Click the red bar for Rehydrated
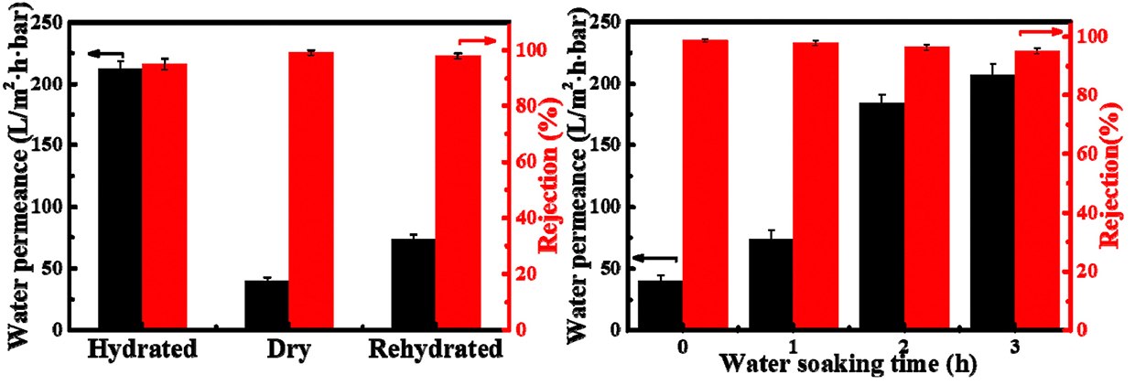458,192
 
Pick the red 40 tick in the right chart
1085,212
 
